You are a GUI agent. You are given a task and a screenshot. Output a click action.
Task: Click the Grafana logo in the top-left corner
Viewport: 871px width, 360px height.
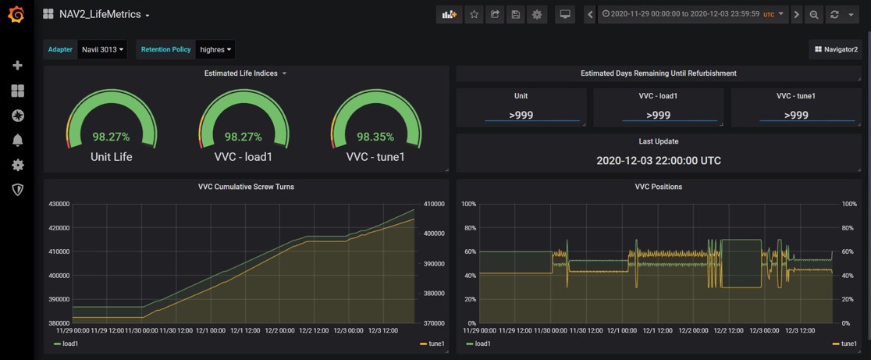(x=16, y=14)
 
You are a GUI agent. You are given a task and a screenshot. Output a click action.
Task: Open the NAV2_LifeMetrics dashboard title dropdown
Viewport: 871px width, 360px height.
(x=104, y=14)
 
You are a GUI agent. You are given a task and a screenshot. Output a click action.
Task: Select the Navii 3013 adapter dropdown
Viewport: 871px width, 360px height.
(x=102, y=49)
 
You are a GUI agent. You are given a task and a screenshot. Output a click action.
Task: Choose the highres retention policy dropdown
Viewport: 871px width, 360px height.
(x=215, y=49)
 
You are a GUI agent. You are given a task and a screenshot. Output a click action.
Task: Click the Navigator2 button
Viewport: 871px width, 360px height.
(x=836, y=49)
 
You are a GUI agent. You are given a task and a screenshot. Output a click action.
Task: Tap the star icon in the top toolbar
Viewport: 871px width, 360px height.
(x=474, y=14)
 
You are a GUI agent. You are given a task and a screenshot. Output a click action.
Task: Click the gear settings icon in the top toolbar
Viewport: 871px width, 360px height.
(x=537, y=14)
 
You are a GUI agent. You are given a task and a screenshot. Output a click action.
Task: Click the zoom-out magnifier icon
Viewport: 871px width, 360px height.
(x=814, y=14)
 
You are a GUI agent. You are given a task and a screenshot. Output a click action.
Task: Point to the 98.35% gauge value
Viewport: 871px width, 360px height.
(x=375, y=137)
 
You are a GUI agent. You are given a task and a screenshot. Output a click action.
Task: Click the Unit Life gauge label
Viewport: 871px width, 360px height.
(x=112, y=157)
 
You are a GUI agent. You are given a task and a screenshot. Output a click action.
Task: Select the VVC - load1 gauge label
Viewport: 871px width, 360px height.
(x=244, y=157)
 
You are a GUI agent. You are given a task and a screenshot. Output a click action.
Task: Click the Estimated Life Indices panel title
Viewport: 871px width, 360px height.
(x=240, y=73)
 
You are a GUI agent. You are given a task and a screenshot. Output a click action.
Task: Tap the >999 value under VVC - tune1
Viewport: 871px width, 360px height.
(x=795, y=115)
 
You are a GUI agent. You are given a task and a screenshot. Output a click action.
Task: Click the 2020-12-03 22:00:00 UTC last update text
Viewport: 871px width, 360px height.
(x=659, y=161)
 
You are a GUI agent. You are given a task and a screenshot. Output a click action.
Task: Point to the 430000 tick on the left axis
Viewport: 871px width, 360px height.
(x=59, y=204)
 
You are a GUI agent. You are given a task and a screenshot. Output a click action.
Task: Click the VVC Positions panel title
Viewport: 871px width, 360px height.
(x=659, y=187)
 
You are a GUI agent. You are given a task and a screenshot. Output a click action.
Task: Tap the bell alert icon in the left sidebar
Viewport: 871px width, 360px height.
(x=17, y=141)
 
